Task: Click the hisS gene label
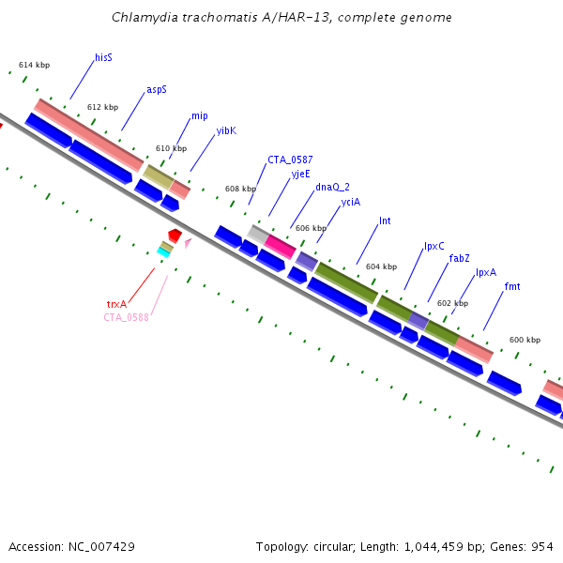coord(103,58)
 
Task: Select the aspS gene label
coord(156,90)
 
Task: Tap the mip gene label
coord(199,116)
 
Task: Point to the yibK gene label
coord(226,131)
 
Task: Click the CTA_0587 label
coord(290,160)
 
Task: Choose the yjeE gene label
coord(300,174)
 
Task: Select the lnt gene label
coord(385,221)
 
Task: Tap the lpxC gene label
coord(434,246)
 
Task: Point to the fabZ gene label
coord(459,258)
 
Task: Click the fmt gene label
coord(511,286)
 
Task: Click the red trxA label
coord(116,304)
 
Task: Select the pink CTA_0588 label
coord(126,317)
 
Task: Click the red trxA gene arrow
coord(175,234)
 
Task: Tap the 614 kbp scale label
coord(34,65)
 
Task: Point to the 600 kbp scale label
coord(525,340)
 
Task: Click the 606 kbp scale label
coord(311,228)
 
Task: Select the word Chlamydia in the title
coord(142,18)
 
